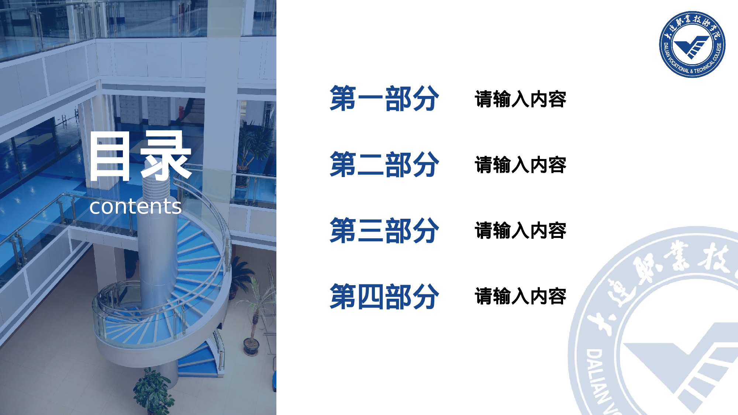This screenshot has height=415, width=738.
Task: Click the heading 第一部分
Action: click(x=384, y=98)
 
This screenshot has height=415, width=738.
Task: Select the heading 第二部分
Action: click(x=384, y=165)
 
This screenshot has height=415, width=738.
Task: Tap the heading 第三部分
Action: click(x=384, y=231)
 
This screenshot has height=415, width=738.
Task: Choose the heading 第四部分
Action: click(x=384, y=297)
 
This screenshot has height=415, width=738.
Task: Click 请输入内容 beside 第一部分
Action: click(x=520, y=99)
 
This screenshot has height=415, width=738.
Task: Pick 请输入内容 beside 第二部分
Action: click(x=520, y=165)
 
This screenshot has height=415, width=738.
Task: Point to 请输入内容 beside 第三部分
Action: click(x=520, y=231)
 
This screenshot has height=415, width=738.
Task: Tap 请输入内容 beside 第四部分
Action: click(x=520, y=296)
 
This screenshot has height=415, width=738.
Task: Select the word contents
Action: click(x=135, y=206)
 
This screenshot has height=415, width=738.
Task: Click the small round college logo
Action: click(x=692, y=44)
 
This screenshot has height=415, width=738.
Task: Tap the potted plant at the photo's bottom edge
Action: click(x=153, y=393)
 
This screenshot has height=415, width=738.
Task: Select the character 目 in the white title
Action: click(x=110, y=157)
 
